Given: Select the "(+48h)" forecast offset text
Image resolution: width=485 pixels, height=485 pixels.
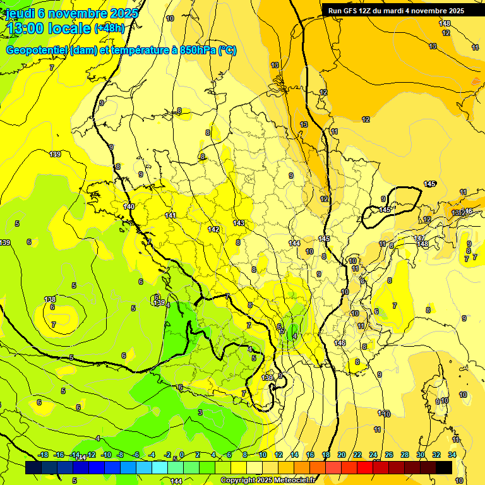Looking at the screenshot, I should (x=110, y=28).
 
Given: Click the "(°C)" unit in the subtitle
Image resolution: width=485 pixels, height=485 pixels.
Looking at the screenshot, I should (x=227, y=51).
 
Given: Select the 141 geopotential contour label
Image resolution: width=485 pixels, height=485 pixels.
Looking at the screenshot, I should (x=171, y=215).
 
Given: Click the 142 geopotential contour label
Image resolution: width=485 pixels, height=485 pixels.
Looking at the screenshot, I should (x=213, y=229).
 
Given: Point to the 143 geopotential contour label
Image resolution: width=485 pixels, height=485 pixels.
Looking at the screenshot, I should (x=239, y=223).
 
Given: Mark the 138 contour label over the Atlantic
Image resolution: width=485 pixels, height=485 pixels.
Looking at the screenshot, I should (x=50, y=299).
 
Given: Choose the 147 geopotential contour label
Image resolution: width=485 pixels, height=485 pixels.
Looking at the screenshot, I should (x=419, y=238).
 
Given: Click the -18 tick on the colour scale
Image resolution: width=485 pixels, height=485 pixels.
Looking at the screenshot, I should (x=44, y=455).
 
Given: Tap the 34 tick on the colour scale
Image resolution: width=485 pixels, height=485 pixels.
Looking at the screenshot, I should (x=452, y=455).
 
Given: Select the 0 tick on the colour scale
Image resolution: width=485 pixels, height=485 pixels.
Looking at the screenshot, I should (x=182, y=455).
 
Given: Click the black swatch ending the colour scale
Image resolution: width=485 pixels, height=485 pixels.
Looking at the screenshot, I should (x=444, y=467).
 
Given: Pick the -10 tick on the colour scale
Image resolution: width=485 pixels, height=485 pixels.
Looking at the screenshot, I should (x=106, y=455).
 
